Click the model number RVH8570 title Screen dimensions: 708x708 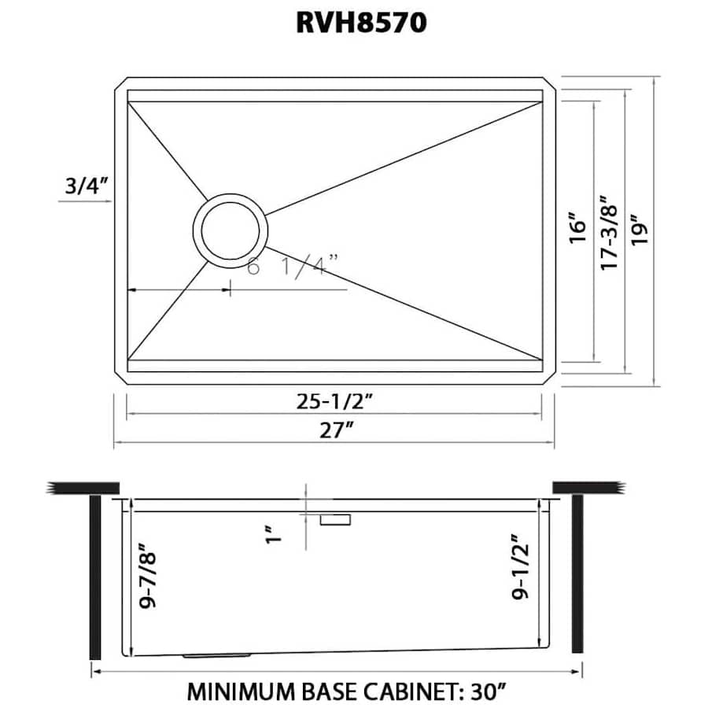pyautogui.click(x=361, y=22)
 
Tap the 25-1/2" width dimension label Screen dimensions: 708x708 pyautogui.click(x=334, y=401)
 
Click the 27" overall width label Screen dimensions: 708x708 pyautogui.click(x=335, y=430)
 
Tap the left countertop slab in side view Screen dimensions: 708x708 pyautogui.click(x=83, y=487)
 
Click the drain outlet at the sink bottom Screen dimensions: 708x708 pyautogui.click(x=216, y=655)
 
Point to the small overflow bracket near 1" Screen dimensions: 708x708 pyautogui.click(x=336, y=519)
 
